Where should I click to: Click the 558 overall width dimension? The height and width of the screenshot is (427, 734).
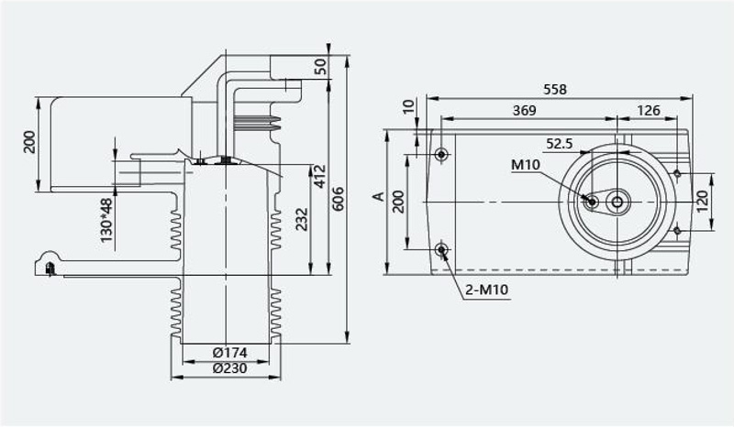[x=555, y=89]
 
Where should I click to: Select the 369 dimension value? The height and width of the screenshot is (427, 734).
[x=524, y=110]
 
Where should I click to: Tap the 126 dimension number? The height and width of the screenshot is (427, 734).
[x=649, y=110]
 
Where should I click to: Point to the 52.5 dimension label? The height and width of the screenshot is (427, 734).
[x=560, y=144]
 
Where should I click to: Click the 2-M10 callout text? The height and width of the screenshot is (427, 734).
[x=487, y=290]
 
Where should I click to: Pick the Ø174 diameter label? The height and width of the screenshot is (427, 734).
[x=230, y=353]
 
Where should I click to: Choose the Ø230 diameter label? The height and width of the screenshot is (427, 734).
[x=230, y=368]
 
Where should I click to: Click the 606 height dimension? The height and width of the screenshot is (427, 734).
[x=337, y=199]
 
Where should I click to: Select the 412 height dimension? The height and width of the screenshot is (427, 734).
[x=319, y=176]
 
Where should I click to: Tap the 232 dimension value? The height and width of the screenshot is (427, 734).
[x=303, y=219]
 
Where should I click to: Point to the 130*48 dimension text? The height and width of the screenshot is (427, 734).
[x=106, y=220]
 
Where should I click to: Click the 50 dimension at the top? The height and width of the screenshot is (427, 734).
[x=321, y=67]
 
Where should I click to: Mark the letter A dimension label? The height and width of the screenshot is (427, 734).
[x=378, y=196]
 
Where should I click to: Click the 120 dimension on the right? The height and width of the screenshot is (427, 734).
[x=703, y=201]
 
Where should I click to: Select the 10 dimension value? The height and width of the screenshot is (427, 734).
[x=409, y=106]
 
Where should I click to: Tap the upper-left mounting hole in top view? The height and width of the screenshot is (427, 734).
[x=441, y=154]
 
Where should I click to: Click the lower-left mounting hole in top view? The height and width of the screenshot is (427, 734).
[x=441, y=250]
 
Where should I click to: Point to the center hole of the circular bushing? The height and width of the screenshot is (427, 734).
[x=617, y=202]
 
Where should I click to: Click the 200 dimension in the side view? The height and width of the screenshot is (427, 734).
[x=29, y=142]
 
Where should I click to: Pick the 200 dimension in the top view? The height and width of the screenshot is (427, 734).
[x=398, y=202]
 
